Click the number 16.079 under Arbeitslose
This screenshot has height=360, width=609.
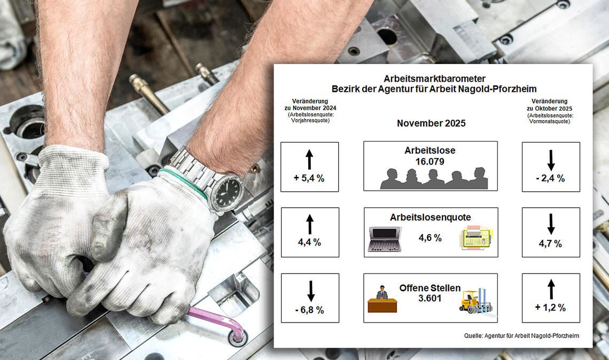click(430, 161)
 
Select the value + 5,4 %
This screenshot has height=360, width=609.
click(309, 178)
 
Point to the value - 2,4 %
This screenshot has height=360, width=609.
click(550, 178)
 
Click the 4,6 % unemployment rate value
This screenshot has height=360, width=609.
click(430, 238)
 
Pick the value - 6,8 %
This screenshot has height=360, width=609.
click(309, 309)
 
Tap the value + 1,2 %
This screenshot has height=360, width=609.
click(550, 307)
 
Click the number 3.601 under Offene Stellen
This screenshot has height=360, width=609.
click(430, 298)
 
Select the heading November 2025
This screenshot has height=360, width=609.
click(431, 123)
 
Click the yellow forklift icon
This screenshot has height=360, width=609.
click(475, 302)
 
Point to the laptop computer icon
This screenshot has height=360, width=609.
click(385, 239)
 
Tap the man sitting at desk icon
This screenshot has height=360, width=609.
click(382, 299)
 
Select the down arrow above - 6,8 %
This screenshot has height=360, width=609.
click(310, 291)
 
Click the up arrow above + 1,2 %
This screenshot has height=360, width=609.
click(551, 289)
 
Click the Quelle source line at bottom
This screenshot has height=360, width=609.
click(521, 335)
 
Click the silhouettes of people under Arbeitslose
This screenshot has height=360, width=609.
click(433, 179)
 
